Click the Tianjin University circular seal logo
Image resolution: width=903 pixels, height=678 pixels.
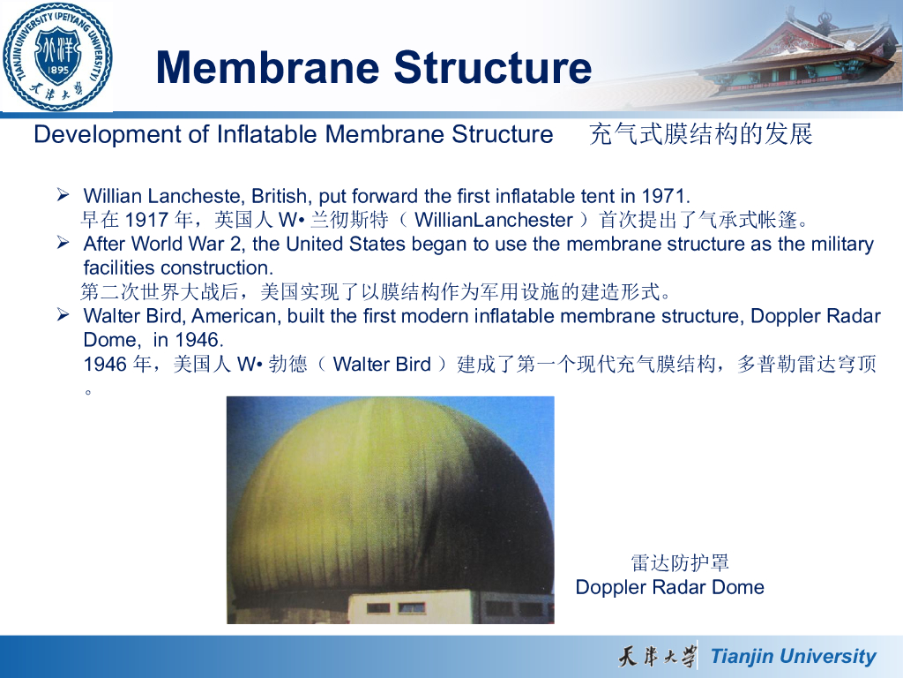[57, 56]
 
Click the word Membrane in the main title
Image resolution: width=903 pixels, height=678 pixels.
[267, 67]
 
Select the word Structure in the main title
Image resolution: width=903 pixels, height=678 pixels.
[492, 67]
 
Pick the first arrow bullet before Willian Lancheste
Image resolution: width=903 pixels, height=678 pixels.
[63, 195]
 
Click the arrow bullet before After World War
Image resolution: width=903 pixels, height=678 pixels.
[63, 243]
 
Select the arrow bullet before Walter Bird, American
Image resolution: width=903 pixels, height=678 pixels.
[63, 315]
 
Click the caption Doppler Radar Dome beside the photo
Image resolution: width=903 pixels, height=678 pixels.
[670, 587]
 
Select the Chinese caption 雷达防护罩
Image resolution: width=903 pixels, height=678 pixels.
[680, 562]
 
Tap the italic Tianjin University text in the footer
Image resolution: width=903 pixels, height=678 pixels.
[793, 656]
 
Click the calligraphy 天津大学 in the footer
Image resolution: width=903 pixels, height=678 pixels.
[656, 656]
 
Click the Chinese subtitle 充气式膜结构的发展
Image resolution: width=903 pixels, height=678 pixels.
[700, 134]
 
